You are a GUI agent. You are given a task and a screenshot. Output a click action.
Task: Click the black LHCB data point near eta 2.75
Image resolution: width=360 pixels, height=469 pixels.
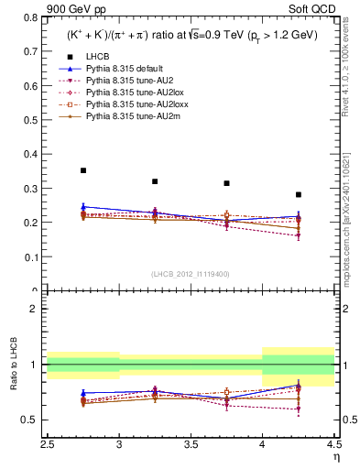tap(83, 170)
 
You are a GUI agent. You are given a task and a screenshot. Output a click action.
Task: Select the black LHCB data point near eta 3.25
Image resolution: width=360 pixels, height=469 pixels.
tap(155, 181)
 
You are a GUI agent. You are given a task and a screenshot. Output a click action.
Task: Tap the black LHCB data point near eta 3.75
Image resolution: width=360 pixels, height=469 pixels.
tap(226, 183)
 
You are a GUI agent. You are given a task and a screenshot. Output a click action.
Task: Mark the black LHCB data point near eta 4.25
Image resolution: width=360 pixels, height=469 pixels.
tap(298, 194)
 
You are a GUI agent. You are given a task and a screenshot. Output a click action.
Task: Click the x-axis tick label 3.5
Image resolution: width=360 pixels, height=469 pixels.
tap(191, 444)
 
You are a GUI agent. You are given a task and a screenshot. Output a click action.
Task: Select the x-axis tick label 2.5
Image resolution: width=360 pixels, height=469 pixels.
tap(48, 444)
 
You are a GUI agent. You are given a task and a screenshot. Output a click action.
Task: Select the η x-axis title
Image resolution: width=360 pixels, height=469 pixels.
tap(335, 455)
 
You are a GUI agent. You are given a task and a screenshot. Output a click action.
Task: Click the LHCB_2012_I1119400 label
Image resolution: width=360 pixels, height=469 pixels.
tap(191, 274)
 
